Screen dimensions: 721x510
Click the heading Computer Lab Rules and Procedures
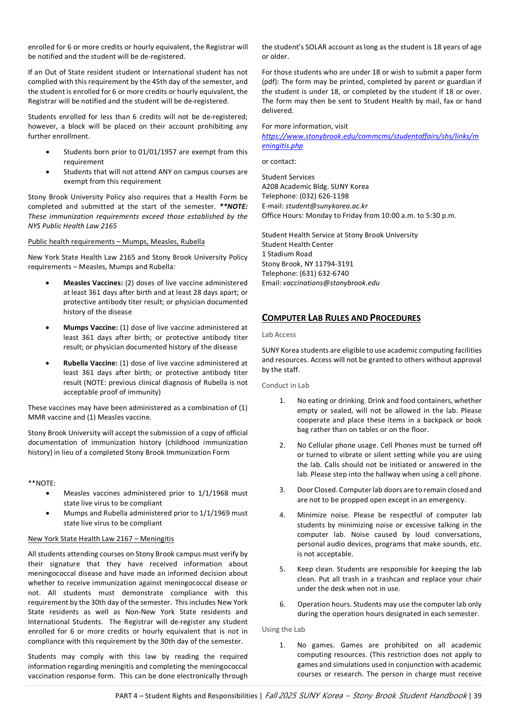341,318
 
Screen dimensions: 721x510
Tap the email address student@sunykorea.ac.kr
326,206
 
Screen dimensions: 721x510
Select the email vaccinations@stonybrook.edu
331,283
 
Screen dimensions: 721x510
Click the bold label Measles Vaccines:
93,283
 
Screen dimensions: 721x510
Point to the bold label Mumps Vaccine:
91,328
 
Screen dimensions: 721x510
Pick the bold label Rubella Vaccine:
91,363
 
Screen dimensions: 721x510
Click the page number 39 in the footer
477,696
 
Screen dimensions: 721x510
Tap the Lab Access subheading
279,335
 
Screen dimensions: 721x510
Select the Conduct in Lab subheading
286,385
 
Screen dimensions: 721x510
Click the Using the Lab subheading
283,629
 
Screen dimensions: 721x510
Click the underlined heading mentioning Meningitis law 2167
101,539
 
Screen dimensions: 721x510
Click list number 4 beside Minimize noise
282,515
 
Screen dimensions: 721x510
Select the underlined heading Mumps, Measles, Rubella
116,242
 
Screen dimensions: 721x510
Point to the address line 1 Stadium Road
287,254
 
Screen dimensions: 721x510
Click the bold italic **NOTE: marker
233,206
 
